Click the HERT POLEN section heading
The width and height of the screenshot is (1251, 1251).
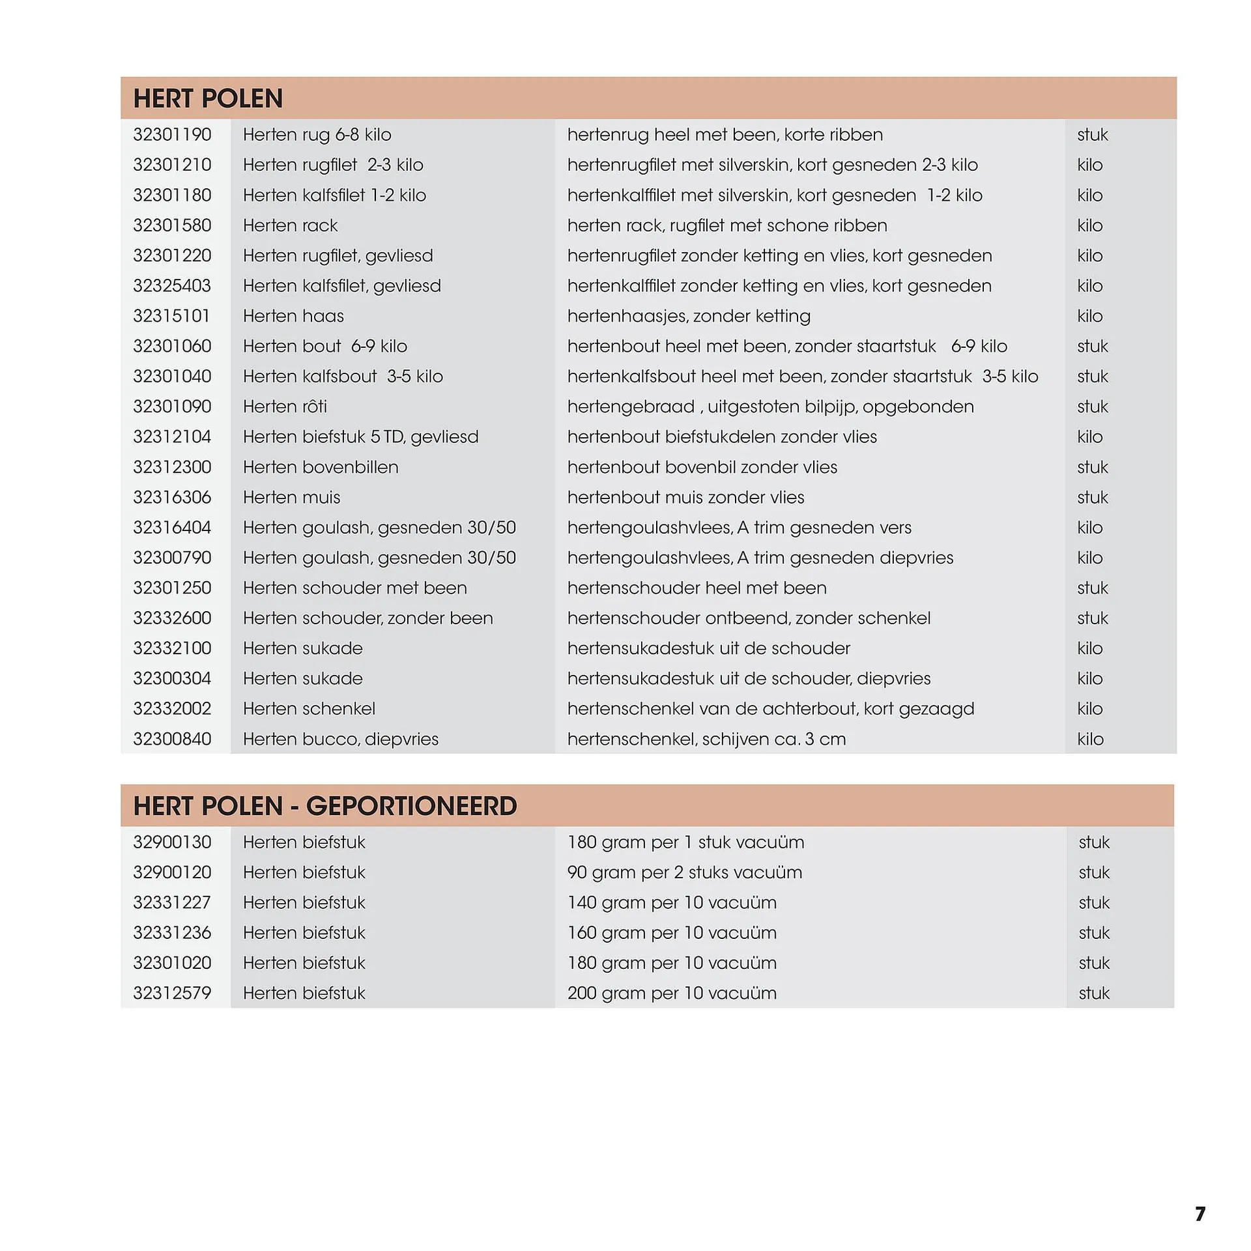click(x=208, y=98)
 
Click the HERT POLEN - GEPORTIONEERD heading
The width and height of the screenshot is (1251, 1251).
click(x=324, y=806)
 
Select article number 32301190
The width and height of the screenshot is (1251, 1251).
click(x=172, y=135)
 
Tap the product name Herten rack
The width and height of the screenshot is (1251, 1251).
click(x=290, y=225)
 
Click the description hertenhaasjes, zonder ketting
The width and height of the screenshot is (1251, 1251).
click(x=689, y=316)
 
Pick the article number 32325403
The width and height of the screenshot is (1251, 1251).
click(x=172, y=286)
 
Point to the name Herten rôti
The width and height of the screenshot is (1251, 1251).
click(x=285, y=407)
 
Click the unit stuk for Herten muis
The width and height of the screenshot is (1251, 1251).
click(x=1092, y=497)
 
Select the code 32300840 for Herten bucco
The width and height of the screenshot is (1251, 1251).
click(x=172, y=739)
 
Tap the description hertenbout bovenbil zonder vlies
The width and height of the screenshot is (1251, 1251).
click(x=702, y=467)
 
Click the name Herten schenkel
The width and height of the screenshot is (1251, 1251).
click(x=309, y=708)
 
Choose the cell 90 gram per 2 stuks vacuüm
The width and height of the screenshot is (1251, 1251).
click(x=684, y=872)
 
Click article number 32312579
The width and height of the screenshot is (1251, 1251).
click(x=172, y=993)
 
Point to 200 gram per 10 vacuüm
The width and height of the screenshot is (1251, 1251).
click(x=672, y=993)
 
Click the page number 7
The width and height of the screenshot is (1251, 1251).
click(x=1200, y=1213)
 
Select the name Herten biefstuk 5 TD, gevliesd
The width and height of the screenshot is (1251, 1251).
click(x=360, y=437)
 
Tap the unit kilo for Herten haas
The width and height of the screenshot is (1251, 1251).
click(x=1089, y=316)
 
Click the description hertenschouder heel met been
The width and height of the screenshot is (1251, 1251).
click(x=697, y=588)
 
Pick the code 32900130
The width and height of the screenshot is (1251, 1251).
click(x=172, y=842)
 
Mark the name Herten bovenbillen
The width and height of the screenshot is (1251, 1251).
click(x=320, y=467)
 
